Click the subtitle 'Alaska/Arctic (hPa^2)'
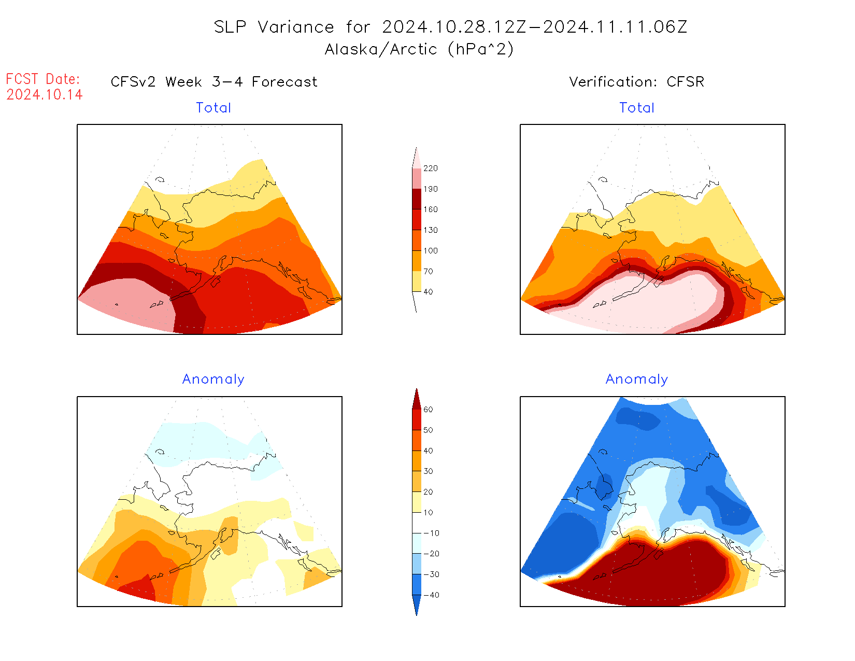pos(419,49)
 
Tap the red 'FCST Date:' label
pos(43,79)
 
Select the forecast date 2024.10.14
pos(45,94)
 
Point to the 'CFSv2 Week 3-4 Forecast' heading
pos(214,82)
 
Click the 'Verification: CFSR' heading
pos(636,82)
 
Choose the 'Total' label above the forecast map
pos(213,108)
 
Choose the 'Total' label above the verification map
pos(637,108)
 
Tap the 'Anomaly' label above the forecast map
pos(213,379)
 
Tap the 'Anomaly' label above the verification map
pos(637,379)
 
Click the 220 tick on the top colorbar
pos(430,168)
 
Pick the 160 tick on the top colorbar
pos(430,209)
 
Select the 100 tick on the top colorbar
pos(430,251)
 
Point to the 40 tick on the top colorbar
pos(428,292)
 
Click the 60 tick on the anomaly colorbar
pos(428,410)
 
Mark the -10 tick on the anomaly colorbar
pos(431,533)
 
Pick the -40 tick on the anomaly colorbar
pos(431,595)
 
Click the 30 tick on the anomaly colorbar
pos(428,471)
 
